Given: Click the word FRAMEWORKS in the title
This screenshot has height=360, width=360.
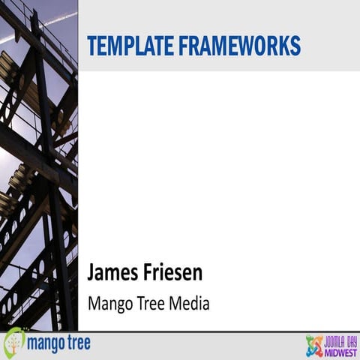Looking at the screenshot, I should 238,45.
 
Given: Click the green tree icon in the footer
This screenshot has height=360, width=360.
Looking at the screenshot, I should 14,343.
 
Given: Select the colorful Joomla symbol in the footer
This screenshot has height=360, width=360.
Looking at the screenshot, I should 315,346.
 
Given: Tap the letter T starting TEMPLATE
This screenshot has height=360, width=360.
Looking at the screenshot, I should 92,45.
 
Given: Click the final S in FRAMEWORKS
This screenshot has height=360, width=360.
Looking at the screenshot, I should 295,45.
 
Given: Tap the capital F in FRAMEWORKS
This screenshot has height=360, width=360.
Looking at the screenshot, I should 181,45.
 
